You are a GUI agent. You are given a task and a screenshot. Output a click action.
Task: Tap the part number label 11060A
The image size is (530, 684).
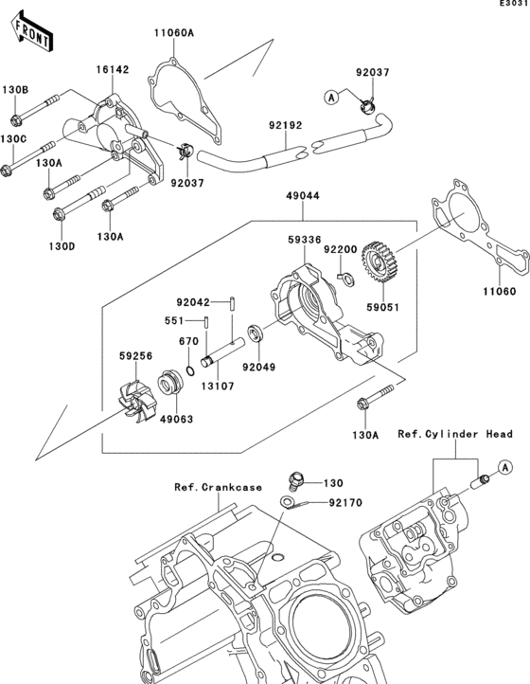[174, 33]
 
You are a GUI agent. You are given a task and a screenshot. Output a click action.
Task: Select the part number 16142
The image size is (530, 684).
[110, 70]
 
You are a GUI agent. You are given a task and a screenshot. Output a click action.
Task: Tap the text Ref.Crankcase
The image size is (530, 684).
[218, 487]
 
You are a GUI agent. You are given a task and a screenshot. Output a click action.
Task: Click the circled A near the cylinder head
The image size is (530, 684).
[505, 467]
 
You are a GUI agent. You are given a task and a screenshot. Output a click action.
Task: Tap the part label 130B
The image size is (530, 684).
[14, 89]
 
